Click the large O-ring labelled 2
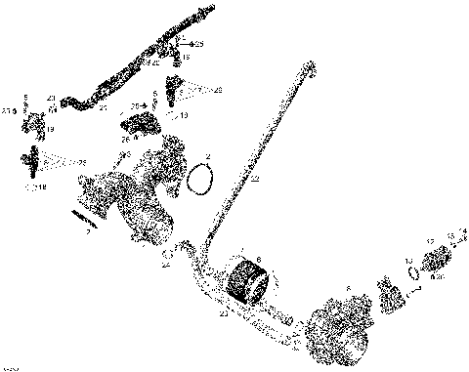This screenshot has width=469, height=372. coord(202,180)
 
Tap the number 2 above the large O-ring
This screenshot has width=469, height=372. coord(207,155)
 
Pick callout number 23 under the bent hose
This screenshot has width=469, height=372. coord(224,313)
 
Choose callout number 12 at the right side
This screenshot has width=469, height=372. coord(430,240)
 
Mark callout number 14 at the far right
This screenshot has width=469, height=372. coord(463,231)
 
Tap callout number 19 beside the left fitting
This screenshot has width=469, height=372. coord(50,128)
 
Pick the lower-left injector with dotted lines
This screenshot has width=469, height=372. coord(36,159)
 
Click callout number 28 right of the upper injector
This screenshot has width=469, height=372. coord(217,90)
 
